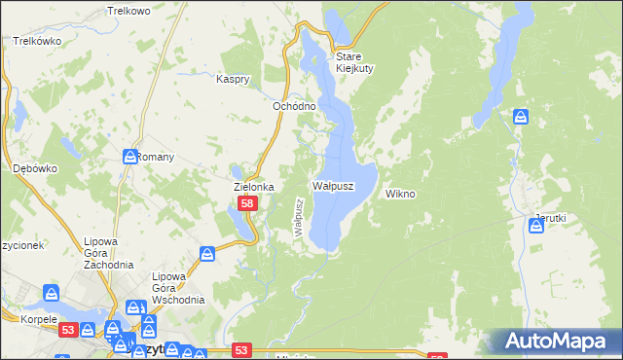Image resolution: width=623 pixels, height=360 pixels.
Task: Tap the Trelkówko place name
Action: click(38, 42)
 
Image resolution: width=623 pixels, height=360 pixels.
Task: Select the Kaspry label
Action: click(235, 79)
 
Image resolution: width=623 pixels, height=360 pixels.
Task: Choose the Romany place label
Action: click(155, 157)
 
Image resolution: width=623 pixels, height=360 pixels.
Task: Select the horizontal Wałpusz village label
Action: click(332, 185)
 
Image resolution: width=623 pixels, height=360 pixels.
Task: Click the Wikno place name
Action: click(400, 194)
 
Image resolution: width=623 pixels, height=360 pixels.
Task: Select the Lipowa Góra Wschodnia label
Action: click(177, 287)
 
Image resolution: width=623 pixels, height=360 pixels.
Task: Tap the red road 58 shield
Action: click(248, 204)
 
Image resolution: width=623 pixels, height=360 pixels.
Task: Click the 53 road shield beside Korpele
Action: click(67, 331)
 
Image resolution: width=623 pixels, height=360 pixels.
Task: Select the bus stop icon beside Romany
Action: click(130, 157)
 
